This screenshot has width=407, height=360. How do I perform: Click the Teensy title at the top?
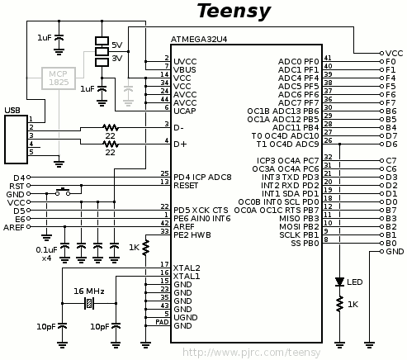(x=234, y=12)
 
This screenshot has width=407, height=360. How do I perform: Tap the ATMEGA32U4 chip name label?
(x=199, y=40)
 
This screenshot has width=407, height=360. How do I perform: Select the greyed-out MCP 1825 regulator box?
(x=59, y=78)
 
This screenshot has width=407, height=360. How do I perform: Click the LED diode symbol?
(x=339, y=282)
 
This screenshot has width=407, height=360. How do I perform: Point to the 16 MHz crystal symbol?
(x=89, y=303)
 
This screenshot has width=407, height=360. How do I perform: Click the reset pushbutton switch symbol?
(x=63, y=192)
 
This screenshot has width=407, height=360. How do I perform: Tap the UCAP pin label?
(x=185, y=111)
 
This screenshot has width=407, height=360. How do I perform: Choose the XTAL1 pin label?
(x=187, y=276)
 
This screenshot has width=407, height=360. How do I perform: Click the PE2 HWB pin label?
(x=192, y=235)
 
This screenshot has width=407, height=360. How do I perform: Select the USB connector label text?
(x=12, y=111)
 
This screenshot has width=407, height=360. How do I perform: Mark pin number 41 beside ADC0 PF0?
(x=328, y=58)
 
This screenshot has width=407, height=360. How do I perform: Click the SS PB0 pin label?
(x=305, y=244)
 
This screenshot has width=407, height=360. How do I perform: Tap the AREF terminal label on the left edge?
(x=14, y=228)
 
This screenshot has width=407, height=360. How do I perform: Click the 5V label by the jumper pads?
(x=117, y=45)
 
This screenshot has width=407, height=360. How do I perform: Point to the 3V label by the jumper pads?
(x=117, y=59)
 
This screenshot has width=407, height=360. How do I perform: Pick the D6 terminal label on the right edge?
(x=391, y=144)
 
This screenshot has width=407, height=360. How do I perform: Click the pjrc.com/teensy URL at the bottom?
(x=252, y=353)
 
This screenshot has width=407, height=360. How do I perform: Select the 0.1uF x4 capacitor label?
(x=46, y=254)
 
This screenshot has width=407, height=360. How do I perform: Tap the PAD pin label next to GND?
(x=162, y=322)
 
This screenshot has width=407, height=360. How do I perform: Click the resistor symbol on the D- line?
(x=111, y=128)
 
